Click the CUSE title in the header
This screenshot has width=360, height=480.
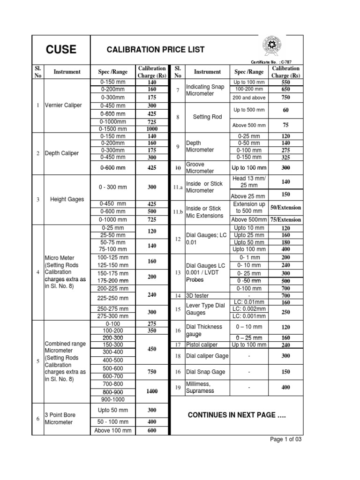pos(60,50)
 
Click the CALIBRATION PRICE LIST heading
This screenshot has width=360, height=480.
pos(149,50)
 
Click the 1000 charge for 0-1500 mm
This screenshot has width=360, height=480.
pos(151,128)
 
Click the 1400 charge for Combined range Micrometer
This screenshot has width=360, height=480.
pos(151,391)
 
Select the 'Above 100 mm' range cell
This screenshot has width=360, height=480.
pos(113,431)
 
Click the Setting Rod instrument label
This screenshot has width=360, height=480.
pos(207,117)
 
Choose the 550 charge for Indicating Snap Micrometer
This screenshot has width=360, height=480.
pos(285,82)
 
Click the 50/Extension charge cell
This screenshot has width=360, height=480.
pos(285,207)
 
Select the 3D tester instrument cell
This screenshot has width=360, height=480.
pos(197,296)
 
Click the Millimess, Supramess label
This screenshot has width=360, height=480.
pos(200,387)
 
